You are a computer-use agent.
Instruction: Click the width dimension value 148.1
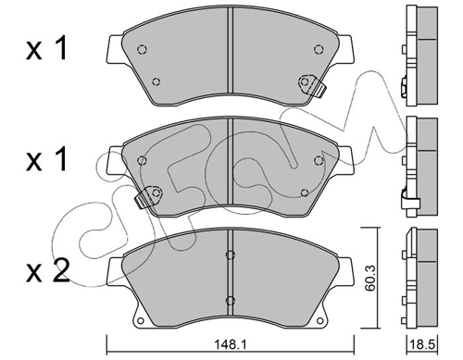pos(230,344)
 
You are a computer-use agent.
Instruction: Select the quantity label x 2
pos(48,271)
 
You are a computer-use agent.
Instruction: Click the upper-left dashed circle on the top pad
pos(142,49)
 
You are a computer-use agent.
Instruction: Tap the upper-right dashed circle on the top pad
pos(319,49)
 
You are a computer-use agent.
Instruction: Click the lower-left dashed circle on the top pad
pos(156,81)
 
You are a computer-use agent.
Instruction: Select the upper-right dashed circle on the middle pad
pos(319,160)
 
